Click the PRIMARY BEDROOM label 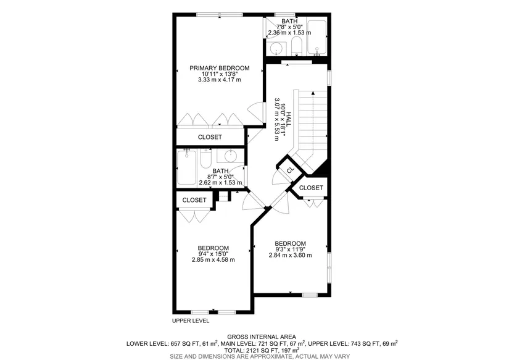220,68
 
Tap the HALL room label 288,119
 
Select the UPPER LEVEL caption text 191,321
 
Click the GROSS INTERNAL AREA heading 262,337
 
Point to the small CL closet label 290,170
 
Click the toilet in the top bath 297,46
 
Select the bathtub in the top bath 317,38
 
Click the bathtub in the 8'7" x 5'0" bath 187,167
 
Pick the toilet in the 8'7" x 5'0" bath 206,159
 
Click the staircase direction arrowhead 313,93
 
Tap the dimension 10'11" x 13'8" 220,73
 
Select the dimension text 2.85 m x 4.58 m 213,259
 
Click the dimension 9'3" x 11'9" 290,249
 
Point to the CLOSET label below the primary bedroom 210,137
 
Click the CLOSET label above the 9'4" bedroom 194,200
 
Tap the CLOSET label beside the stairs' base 311,188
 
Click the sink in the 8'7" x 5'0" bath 231,156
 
